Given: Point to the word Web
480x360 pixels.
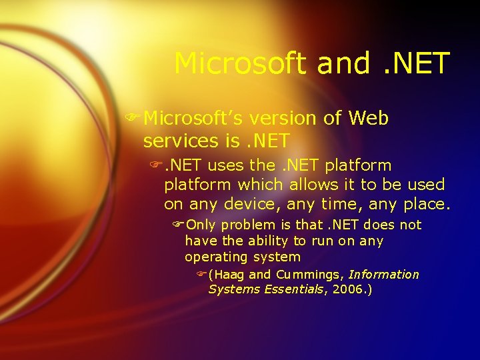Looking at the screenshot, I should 368,119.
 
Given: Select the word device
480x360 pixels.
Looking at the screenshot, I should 251,203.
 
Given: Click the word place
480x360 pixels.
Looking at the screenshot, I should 427,203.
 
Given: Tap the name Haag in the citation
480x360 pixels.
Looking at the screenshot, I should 229,275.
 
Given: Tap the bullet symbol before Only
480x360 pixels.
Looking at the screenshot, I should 179,225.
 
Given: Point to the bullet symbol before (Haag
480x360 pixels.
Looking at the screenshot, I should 202,275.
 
